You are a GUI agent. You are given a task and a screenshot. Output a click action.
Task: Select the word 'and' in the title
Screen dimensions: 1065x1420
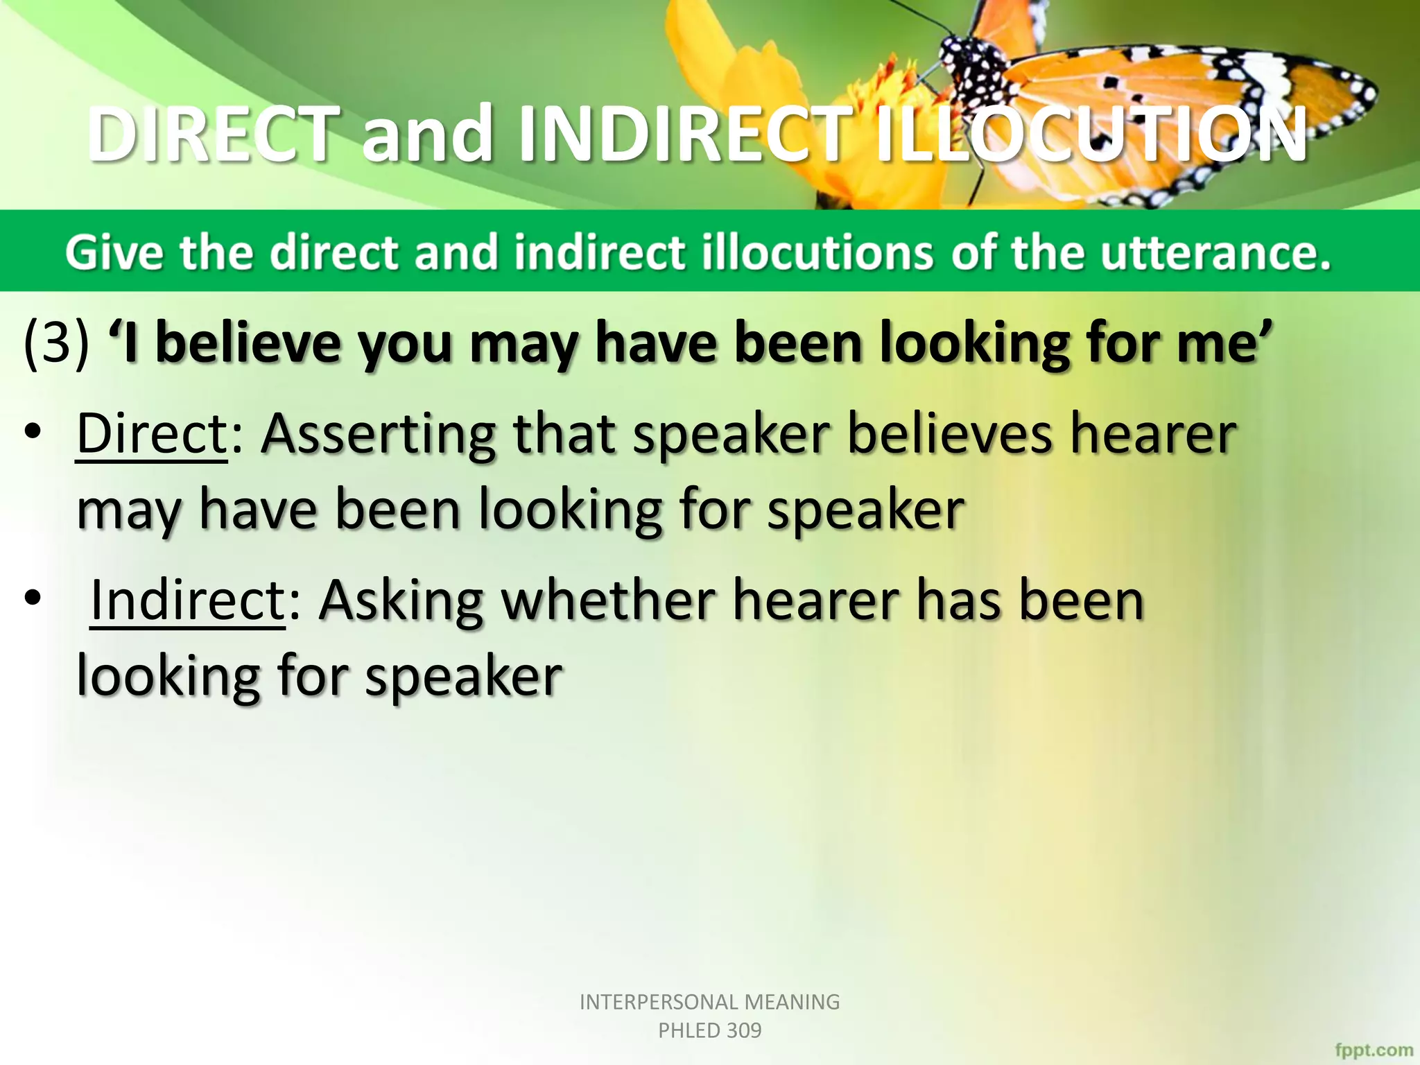pyautogui.click(x=426, y=135)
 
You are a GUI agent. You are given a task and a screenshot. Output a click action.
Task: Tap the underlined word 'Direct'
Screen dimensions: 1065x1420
pyautogui.click(x=152, y=434)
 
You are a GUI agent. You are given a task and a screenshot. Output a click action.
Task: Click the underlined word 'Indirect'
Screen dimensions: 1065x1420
pyautogui.click(x=187, y=600)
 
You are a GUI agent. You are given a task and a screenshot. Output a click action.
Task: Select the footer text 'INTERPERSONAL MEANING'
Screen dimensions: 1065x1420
pyautogui.click(x=709, y=1002)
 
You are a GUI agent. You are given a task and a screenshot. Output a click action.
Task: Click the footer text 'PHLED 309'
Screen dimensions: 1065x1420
pyautogui.click(x=709, y=1030)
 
